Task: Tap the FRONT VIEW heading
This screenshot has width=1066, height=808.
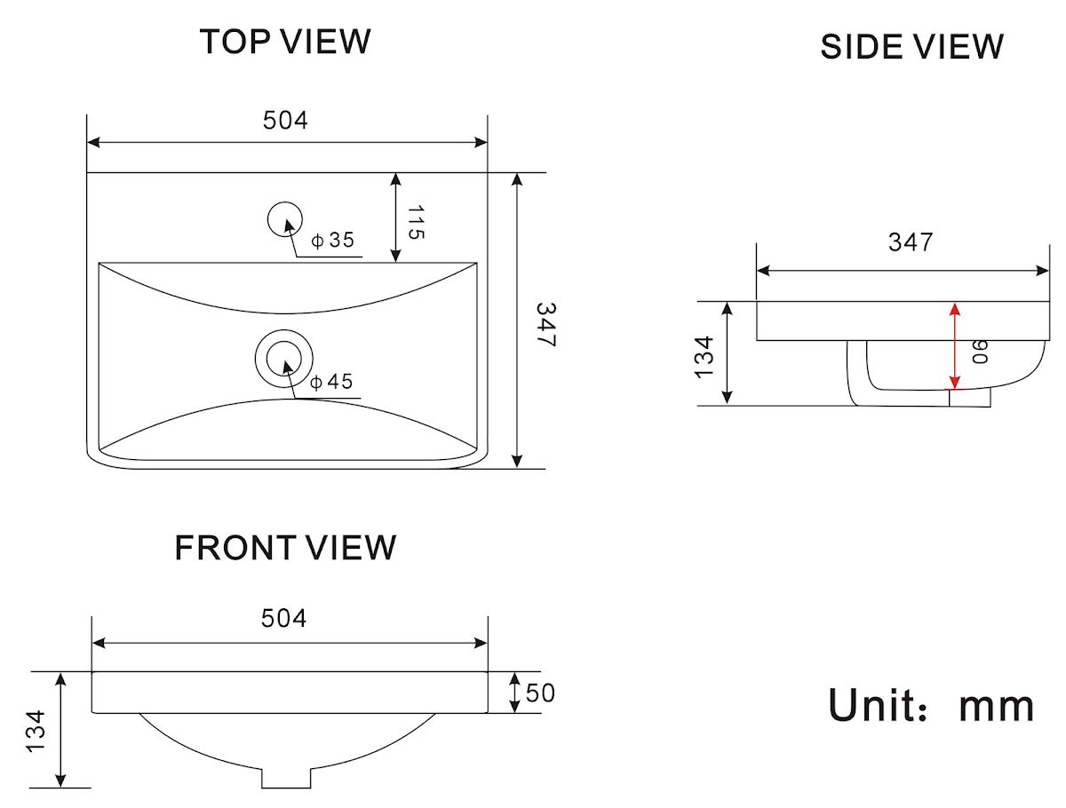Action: click(285, 548)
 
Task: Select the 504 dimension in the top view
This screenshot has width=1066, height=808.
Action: click(285, 121)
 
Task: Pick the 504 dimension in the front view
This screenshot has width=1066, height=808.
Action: click(283, 618)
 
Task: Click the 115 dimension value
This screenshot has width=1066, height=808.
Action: click(415, 222)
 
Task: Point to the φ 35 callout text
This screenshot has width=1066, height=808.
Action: click(333, 240)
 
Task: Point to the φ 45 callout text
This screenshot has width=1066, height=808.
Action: click(331, 382)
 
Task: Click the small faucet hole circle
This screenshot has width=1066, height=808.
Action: click(285, 219)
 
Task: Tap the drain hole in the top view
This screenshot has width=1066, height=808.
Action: click(284, 359)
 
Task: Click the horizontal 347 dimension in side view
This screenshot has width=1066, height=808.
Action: click(911, 242)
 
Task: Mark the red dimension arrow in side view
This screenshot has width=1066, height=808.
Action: click(955, 346)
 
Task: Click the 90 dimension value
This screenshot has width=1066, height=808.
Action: click(980, 352)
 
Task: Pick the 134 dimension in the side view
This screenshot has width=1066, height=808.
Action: click(704, 357)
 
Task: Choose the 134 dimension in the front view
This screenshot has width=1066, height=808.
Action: click(36, 732)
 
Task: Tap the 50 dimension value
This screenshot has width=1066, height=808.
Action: click(540, 693)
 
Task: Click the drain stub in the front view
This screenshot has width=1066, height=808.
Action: click(286, 778)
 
